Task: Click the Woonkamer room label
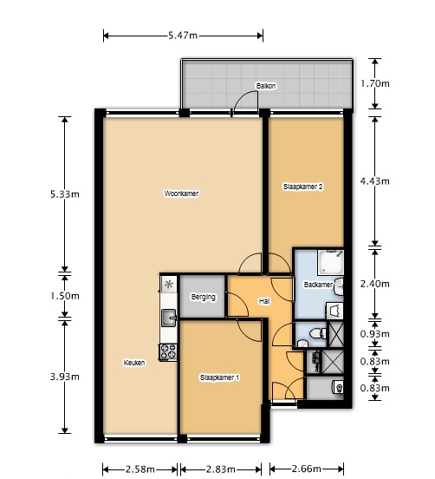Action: point(181,194)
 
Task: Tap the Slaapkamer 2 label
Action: point(303,187)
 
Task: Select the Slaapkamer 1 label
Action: point(219,377)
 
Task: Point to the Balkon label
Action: point(266,86)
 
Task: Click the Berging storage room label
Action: point(203,297)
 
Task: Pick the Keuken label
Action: point(134,363)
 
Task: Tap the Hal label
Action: point(264,301)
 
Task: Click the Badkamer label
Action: point(318,285)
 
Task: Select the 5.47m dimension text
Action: point(183,36)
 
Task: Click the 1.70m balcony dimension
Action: point(375,83)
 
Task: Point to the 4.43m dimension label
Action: point(375,181)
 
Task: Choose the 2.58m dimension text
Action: point(140,469)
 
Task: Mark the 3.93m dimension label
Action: point(65,377)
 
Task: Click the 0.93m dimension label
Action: point(375,334)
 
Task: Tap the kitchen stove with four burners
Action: point(168,351)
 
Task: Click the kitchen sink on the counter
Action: point(169,318)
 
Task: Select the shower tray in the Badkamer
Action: point(331,262)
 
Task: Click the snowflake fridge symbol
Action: point(169,285)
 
